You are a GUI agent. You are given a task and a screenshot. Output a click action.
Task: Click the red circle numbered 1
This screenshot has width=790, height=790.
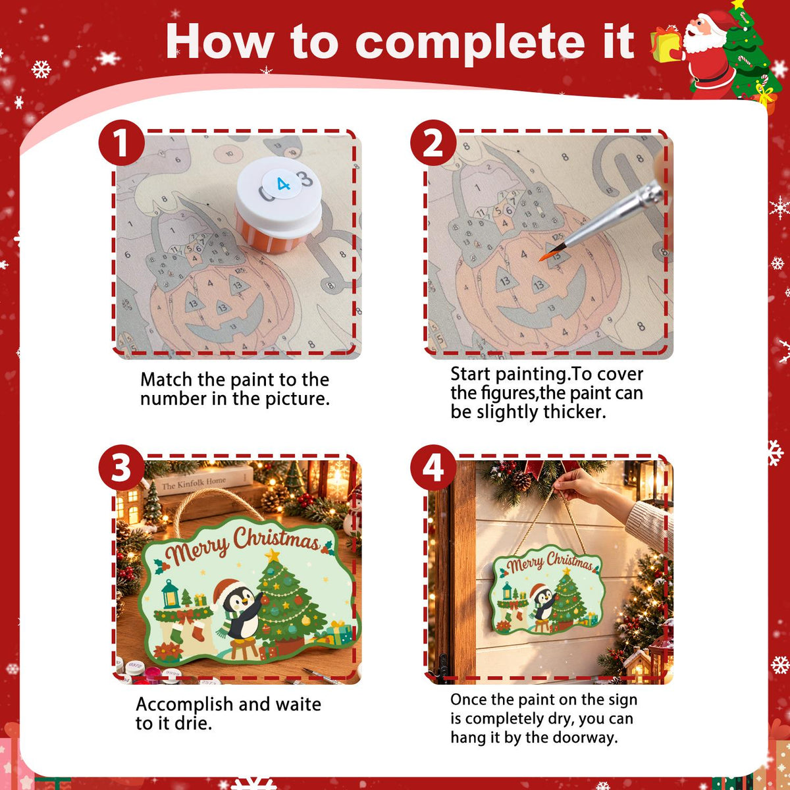tap(121, 143)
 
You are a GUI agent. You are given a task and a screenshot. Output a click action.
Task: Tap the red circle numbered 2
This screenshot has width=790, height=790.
tap(433, 143)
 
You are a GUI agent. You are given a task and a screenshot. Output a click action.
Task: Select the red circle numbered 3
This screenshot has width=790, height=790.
tap(121, 467)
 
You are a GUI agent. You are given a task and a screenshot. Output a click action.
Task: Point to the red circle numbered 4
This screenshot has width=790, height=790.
tap(433, 467)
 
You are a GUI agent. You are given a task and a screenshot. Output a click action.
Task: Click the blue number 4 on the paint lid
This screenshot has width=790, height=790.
tap(283, 184)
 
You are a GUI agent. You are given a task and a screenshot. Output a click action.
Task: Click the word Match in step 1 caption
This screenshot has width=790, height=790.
tap(167, 380)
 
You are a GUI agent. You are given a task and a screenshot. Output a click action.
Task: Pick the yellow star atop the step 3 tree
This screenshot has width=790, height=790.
tap(272, 556)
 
